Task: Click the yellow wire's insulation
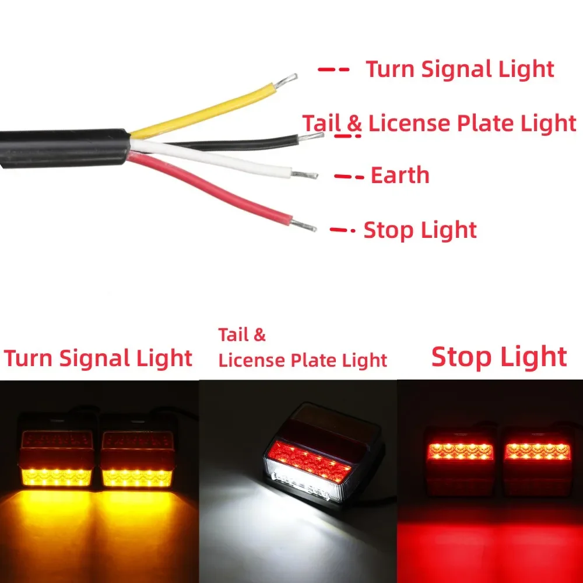pyautogui.click(x=203, y=111)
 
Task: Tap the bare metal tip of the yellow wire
pyautogui.click(x=286, y=80)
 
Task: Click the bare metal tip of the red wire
pyautogui.click(x=303, y=225)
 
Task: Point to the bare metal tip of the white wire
pyautogui.click(x=304, y=174)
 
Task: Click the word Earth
pyautogui.click(x=400, y=175)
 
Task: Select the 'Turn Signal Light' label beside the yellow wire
pyautogui.click(x=460, y=69)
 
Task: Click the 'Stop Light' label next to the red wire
pyautogui.click(x=420, y=230)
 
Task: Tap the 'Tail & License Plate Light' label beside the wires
pyautogui.click(x=439, y=124)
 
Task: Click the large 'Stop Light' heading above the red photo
pyautogui.click(x=499, y=357)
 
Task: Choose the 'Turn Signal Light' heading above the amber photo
pyautogui.click(x=98, y=359)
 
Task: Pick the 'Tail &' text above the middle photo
pyautogui.click(x=242, y=335)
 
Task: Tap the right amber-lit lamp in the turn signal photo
pyautogui.click(x=137, y=458)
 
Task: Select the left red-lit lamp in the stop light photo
pyautogui.click(x=461, y=461)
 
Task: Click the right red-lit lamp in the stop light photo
pyautogui.click(x=538, y=461)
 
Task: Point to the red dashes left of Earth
pyautogui.click(x=349, y=177)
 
